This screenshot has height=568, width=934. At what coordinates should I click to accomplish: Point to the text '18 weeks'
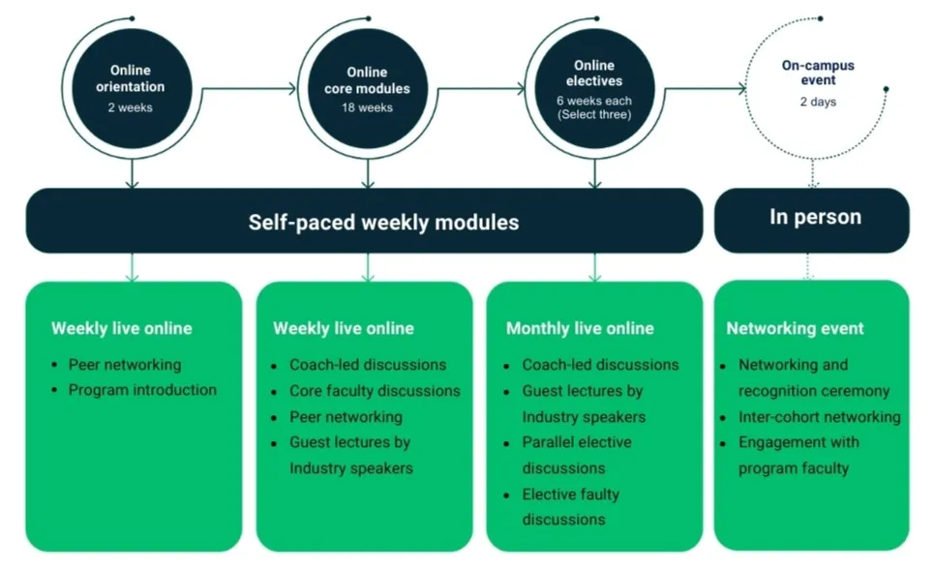(x=369, y=107)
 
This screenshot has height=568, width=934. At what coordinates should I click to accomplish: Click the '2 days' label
(x=818, y=102)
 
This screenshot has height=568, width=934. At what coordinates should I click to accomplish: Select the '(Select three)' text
(x=594, y=115)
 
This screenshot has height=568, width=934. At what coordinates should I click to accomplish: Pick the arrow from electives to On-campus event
(x=705, y=90)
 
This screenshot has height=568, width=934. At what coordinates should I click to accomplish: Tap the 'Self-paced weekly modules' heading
(x=383, y=222)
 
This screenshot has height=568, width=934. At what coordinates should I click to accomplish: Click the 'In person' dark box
(x=813, y=218)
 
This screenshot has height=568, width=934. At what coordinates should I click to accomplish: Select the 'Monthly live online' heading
(x=580, y=329)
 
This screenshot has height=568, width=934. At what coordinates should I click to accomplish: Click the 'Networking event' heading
(x=795, y=329)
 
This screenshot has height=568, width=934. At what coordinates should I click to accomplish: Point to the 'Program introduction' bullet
(x=142, y=390)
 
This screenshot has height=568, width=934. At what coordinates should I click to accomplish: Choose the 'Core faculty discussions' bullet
(x=375, y=390)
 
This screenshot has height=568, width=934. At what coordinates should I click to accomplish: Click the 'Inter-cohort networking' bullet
(x=819, y=417)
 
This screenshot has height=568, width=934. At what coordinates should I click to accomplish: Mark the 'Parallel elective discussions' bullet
(x=577, y=455)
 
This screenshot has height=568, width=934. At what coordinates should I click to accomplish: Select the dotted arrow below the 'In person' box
(x=811, y=267)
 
